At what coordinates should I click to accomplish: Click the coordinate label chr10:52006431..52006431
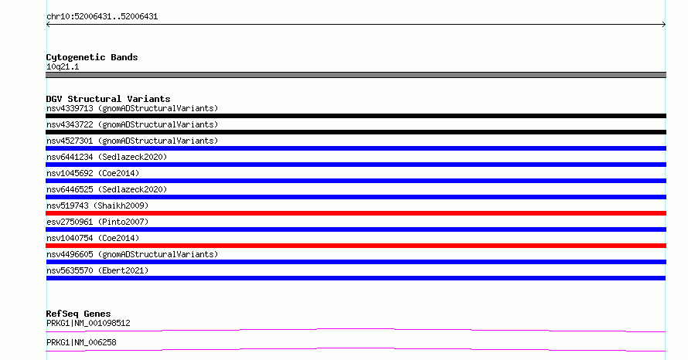102,17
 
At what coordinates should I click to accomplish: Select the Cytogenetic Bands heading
92,57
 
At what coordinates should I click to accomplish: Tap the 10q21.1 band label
63,66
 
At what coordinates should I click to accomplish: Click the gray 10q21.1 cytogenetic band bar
356,75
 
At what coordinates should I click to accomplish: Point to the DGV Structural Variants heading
108,99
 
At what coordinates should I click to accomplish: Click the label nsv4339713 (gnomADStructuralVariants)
132,108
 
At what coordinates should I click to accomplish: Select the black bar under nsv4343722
356,132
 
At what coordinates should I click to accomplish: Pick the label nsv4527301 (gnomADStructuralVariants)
132,141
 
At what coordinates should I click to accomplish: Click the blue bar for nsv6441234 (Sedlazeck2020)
356,165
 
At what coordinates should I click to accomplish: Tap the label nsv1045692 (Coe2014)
93,173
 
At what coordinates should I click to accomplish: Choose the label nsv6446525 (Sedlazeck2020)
107,189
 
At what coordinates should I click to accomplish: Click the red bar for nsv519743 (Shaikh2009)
356,213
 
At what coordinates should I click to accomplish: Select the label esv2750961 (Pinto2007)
97,222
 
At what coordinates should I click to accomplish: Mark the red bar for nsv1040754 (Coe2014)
356,246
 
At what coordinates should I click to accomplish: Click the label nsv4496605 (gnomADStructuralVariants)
132,254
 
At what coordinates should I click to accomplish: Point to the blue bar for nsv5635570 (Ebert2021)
356,278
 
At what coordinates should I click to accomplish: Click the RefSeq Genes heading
78,314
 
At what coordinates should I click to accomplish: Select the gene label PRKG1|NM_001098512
88,323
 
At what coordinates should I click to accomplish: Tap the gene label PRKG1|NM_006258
81,342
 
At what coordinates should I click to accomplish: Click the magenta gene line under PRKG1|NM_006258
356,348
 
